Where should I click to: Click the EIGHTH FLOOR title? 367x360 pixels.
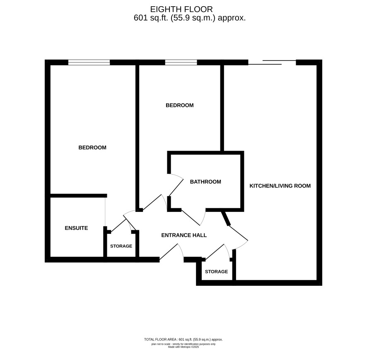pyautogui.click(x=181, y=10)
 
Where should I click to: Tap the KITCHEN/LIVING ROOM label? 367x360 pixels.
pyautogui.click(x=280, y=186)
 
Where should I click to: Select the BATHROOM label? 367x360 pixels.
pyautogui.click(x=205, y=182)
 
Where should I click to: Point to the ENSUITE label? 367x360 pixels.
pyautogui.click(x=76, y=228)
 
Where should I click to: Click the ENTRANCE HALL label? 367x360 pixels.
pyautogui.click(x=184, y=235)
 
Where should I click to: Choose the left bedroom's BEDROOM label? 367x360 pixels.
pyautogui.click(x=92, y=148)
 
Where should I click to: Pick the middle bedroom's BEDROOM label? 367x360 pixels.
pyautogui.click(x=179, y=105)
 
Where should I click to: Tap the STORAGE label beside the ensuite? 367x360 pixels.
pyautogui.click(x=121, y=246)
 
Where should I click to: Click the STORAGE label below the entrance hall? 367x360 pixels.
pyautogui.click(x=216, y=272)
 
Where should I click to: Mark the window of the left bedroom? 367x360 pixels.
pyautogui.click(x=89, y=62)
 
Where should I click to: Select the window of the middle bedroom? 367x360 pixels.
pyautogui.click(x=181, y=62)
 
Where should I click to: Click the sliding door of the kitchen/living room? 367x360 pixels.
pyautogui.click(x=272, y=62)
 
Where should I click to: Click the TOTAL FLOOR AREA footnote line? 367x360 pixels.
pyautogui.click(x=183, y=339)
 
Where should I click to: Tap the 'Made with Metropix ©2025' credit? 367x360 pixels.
pyautogui.click(x=183, y=347)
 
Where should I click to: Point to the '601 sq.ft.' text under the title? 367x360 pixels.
pyautogui.click(x=151, y=18)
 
